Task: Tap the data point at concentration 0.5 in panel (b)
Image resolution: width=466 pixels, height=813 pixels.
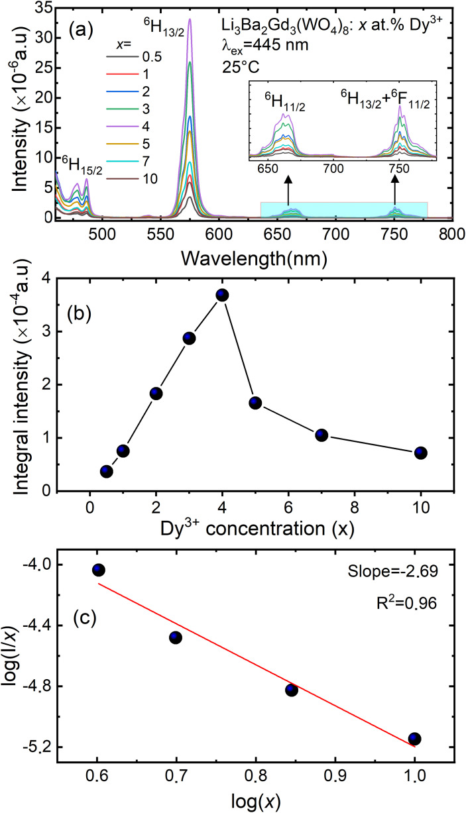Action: (106, 471)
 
